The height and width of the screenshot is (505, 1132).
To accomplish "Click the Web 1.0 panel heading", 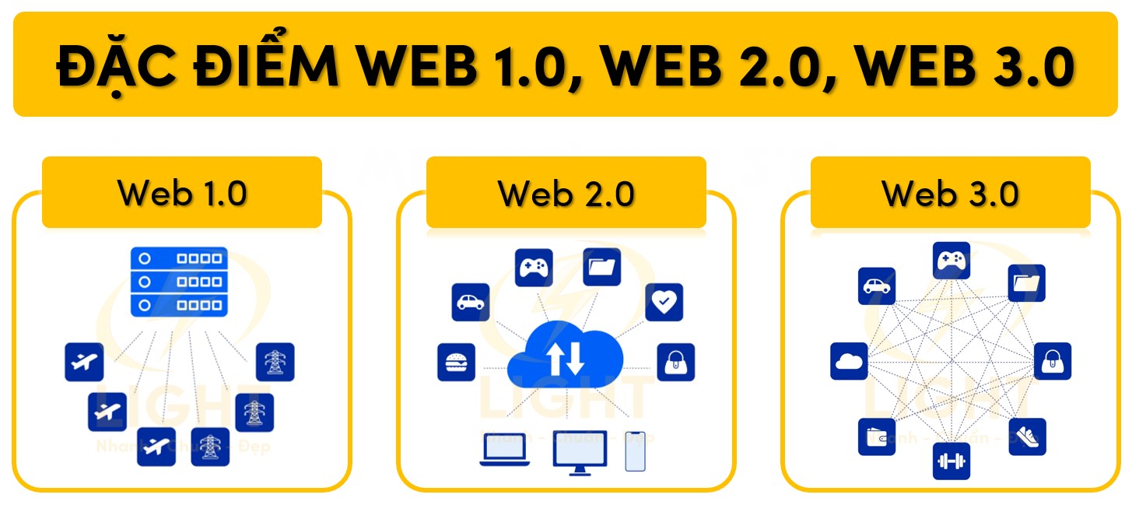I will (181, 193).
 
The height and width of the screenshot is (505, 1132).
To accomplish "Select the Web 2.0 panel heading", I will (566, 193).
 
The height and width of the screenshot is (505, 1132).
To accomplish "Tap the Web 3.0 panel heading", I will (950, 193).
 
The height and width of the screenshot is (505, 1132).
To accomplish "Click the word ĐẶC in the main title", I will (117, 66).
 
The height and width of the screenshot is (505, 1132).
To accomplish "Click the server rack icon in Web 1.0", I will (179, 282).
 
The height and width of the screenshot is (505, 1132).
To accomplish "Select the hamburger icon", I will (456, 363).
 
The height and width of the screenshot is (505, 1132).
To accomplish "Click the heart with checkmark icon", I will (664, 302).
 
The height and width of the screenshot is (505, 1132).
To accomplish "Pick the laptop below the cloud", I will (505, 450).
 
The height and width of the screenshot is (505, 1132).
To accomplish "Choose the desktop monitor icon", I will (580, 451).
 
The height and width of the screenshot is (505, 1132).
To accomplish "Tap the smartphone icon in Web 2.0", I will (636, 451).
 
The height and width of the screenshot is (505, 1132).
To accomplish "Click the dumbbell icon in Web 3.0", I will (951, 461).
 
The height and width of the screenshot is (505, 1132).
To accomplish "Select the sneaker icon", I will (1027, 437).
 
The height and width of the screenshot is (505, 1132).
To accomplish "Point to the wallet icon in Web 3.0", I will (876, 437).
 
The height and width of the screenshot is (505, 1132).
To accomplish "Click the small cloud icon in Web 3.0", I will (849, 361).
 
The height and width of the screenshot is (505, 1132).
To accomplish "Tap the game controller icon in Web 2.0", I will (534, 268).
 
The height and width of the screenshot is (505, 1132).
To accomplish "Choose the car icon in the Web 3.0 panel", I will (876, 286).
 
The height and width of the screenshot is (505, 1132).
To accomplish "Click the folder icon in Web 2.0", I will (601, 267).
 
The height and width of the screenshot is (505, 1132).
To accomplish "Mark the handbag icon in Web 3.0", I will (1053, 361).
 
